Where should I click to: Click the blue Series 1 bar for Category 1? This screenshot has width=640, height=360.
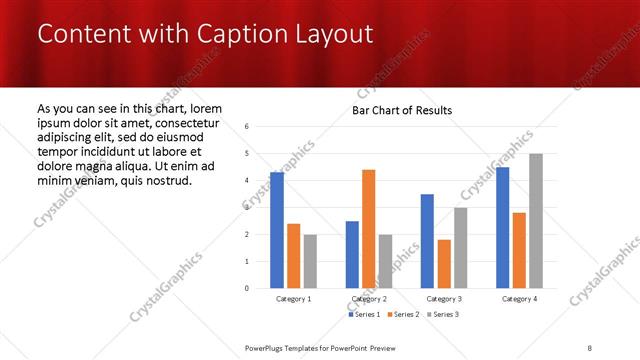277,230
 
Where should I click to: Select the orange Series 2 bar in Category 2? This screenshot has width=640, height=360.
368,229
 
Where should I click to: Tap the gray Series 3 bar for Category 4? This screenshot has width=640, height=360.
536,221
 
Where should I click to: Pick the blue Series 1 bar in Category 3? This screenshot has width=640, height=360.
427,241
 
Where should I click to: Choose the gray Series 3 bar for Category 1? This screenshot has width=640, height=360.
310,261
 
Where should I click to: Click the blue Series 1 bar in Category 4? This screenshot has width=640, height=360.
503,227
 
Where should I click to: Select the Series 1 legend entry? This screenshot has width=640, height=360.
363,315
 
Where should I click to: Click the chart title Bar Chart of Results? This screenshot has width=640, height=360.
402,110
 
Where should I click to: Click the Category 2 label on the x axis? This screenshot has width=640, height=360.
368,299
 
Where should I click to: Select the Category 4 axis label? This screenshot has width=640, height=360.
519,299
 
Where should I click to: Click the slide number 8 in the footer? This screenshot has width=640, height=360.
590,347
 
